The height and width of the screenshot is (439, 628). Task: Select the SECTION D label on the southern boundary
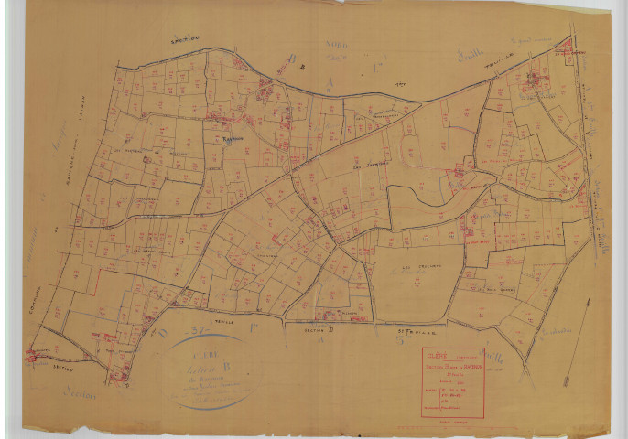307,322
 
